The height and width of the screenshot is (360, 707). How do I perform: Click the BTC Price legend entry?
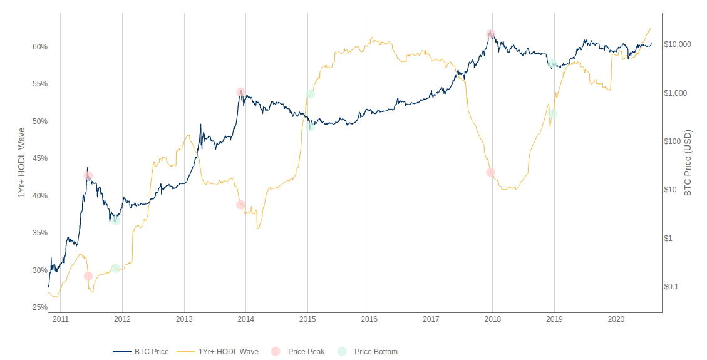[151, 352]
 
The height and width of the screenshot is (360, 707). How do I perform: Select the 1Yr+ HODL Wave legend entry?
[228, 352]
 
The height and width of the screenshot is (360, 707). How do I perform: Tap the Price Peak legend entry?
[306, 352]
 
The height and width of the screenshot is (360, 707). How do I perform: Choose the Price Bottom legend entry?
[375, 352]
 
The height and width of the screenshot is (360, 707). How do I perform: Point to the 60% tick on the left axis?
[39, 47]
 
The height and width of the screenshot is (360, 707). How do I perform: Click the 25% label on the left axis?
[39, 307]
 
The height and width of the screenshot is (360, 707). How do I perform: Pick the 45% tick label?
[39, 158]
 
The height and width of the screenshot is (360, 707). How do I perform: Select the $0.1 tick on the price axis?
[671, 287]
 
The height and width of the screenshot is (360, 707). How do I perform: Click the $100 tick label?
[672, 141]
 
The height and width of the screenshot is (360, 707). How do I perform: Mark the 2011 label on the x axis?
[61, 319]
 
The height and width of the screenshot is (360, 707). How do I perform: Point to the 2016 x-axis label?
[369, 319]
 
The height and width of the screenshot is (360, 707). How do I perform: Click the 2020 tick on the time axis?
[616, 319]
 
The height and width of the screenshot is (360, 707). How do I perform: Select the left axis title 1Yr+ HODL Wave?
[21, 163]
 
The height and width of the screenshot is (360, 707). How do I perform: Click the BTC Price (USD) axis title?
[688, 163]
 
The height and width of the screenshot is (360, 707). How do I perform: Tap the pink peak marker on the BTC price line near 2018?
[491, 34]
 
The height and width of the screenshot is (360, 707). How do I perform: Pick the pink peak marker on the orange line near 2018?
[491, 172]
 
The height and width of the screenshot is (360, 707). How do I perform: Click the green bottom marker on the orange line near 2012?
[115, 269]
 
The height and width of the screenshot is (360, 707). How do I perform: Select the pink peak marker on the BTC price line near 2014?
[240, 92]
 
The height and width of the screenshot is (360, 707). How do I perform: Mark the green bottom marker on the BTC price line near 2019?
[552, 64]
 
